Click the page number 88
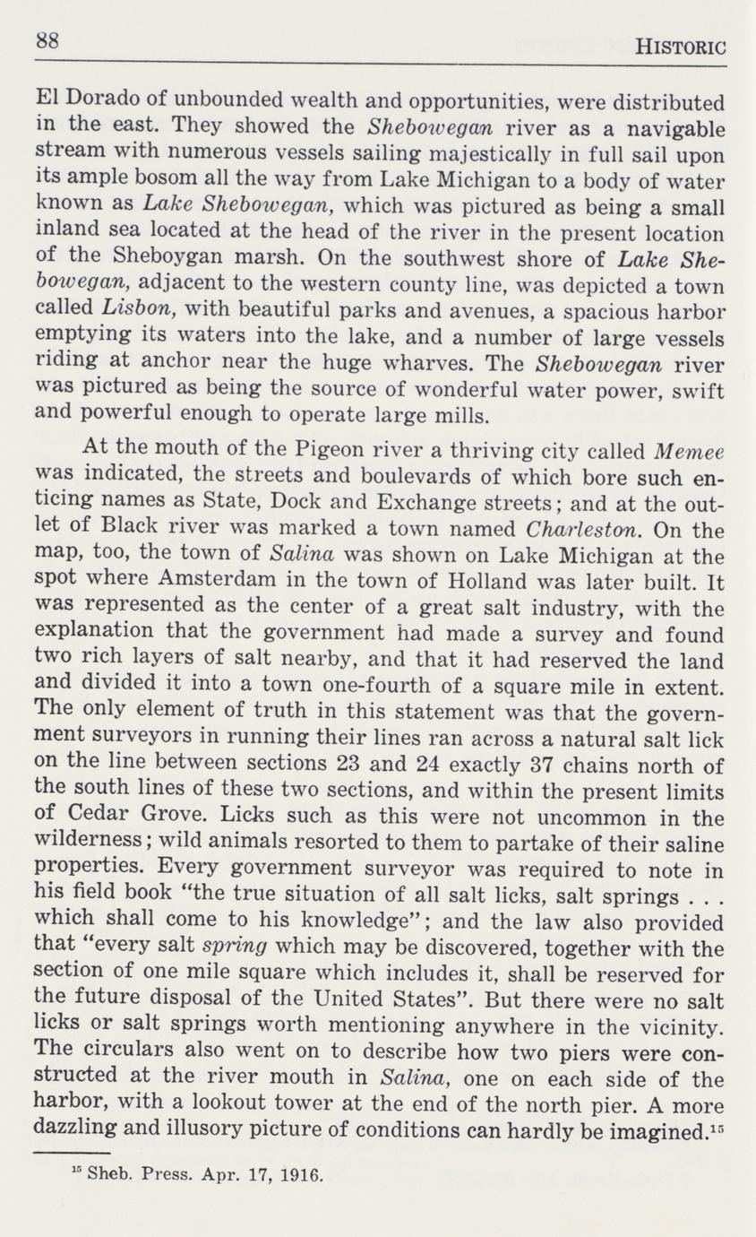(x=47, y=41)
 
